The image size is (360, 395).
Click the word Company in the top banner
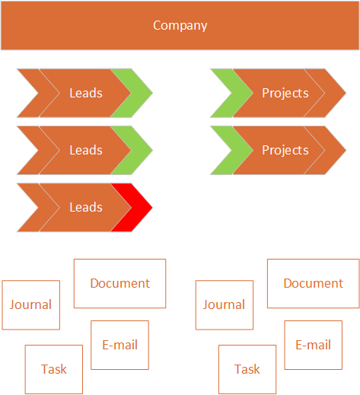tap(180, 26)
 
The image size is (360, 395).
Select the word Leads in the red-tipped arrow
tap(86, 207)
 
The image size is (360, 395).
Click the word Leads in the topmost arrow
tap(86, 93)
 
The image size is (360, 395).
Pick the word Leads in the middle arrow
tap(86, 150)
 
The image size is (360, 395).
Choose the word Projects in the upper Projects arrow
tap(285, 94)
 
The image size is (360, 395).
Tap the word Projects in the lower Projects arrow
tap(285, 151)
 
